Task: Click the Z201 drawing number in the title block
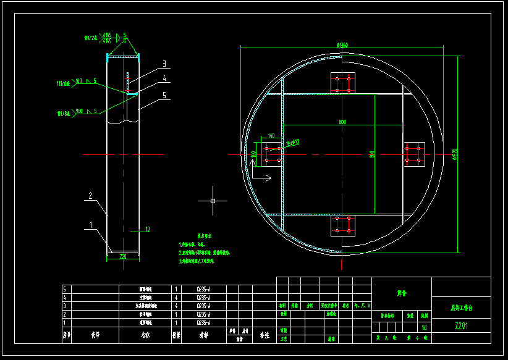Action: tap(461, 326)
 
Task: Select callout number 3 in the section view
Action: tap(164, 64)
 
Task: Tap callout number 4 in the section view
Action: tap(164, 78)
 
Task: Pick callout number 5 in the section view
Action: tap(164, 96)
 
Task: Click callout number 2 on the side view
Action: tap(90, 196)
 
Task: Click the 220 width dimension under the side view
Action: tap(122, 256)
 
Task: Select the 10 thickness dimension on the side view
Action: tap(147, 230)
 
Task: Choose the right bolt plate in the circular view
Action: tap(414, 154)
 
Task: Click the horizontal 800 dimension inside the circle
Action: tap(342, 122)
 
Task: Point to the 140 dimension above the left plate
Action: tap(271, 136)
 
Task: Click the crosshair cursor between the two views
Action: tap(212, 201)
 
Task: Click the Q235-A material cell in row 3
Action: tap(203, 306)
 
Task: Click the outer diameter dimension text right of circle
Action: tap(454, 152)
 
